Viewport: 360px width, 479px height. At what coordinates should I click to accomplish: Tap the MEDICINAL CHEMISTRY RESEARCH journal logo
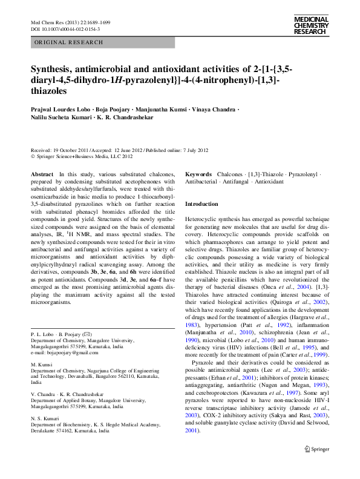click(x=311, y=25)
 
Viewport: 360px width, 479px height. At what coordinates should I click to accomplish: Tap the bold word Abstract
click(x=42, y=174)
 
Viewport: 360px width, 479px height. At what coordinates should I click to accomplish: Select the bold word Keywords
click(x=198, y=174)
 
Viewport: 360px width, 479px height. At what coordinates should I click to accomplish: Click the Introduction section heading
click(x=201, y=204)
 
